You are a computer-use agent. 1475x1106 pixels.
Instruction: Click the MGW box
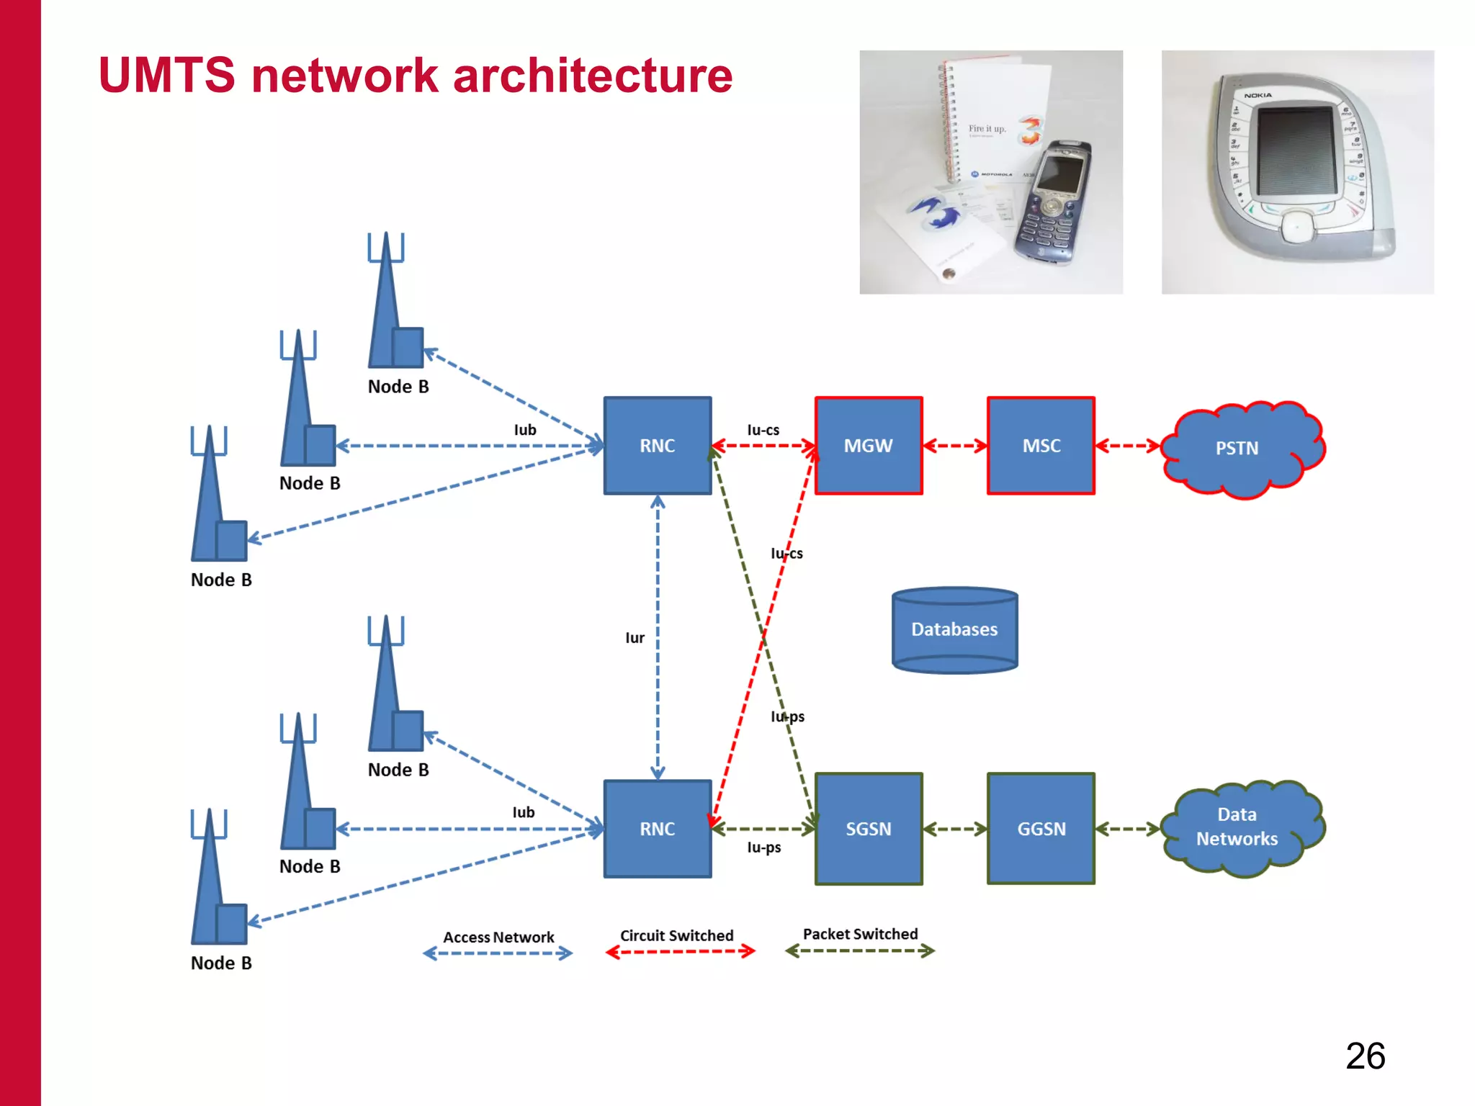pos(868,446)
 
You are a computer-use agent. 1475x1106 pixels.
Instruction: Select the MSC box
pos(1041,446)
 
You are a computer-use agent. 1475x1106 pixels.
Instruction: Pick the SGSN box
pos(868,829)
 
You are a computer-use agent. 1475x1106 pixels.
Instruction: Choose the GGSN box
pos(1041,829)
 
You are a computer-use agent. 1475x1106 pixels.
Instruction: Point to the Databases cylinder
pos(954,630)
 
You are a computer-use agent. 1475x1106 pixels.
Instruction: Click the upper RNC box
pos(657,446)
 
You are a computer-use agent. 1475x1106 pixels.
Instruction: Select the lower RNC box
pos(657,829)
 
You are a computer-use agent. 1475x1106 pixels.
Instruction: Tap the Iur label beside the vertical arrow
pos(635,638)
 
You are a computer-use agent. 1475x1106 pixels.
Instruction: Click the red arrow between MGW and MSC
pos(954,446)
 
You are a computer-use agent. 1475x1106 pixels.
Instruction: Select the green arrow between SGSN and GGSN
pos(954,829)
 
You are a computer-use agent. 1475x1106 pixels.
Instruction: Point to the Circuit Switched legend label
pos(676,935)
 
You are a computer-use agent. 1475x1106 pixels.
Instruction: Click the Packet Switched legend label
pos(860,934)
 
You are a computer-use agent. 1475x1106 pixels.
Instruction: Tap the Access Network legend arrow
pos(498,954)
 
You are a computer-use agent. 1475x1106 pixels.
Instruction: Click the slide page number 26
pos(1365,1056)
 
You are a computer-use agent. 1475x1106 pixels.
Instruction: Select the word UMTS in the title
pos(167,75)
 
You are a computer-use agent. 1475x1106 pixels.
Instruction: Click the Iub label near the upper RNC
pos(525,430)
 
